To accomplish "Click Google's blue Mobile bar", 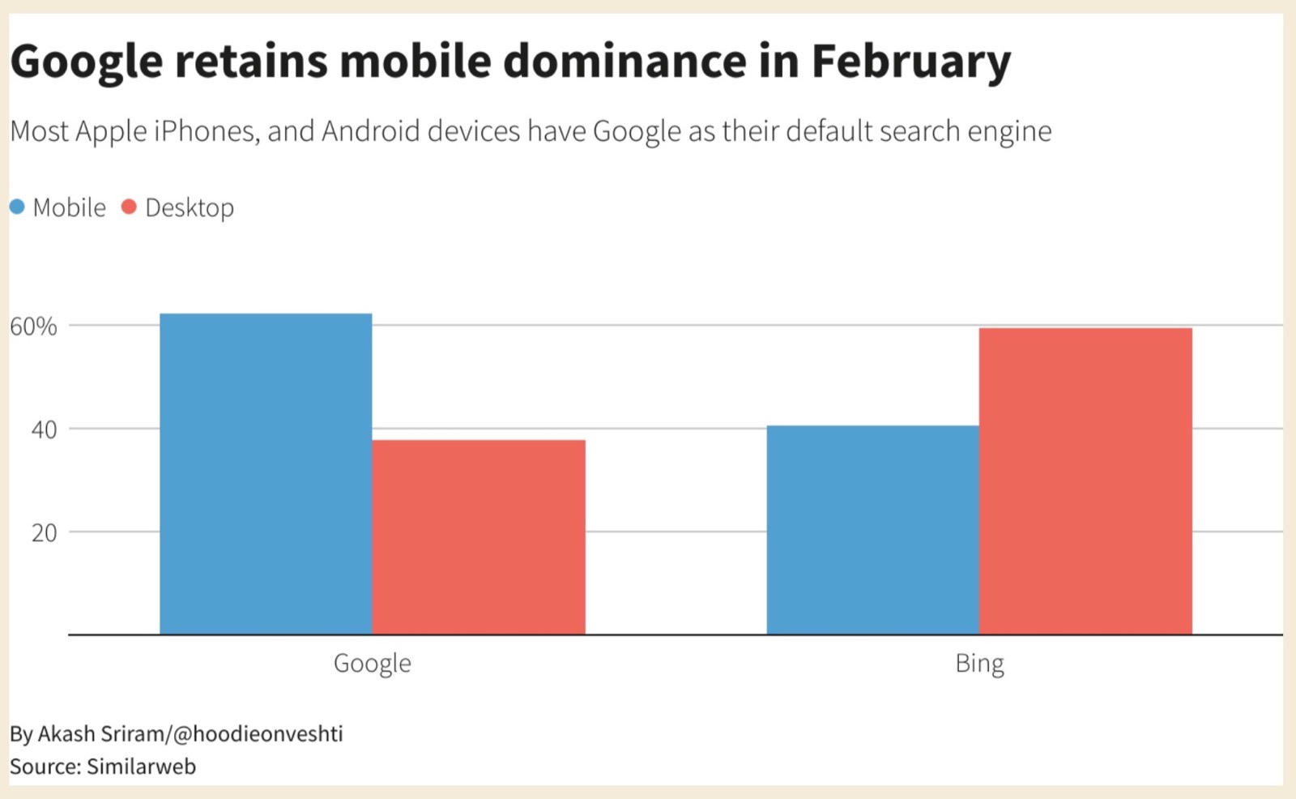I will (x=266, y=474).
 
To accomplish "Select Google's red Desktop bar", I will (x=479, y=537).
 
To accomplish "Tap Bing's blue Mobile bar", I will (x=872, y=530).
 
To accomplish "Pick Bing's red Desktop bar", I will (x=1085, y=481).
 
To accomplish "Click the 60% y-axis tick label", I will (x=33, y=327).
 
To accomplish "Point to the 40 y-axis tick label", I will (x=44, y=429).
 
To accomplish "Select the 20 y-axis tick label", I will (x=44, y=533).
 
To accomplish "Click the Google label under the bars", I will (x=372, y=664).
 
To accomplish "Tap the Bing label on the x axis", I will (x=979, y=664).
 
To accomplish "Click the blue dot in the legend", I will (x=17, y=207).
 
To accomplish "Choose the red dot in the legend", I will (x=129, y=207).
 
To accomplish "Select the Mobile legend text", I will (x=69, y=208).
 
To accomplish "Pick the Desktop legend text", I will (x=190, y=208).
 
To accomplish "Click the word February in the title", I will (x=911, y=62).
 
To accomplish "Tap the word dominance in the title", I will (x=624, y=62).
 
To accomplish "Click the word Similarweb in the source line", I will (x=141, y=767).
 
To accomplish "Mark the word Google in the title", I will (x=86, y=62).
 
